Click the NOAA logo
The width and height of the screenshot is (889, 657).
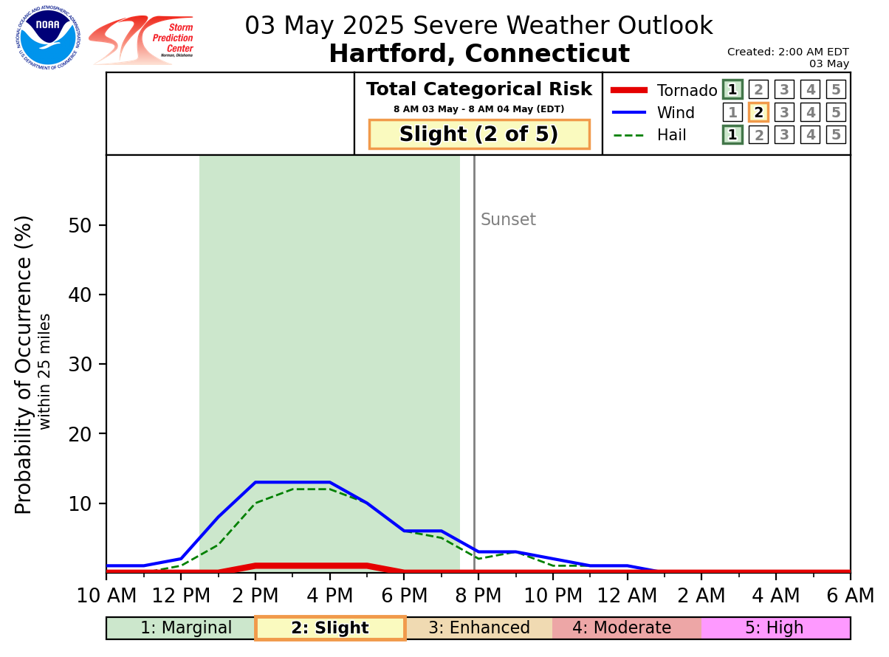(x=48, y=38)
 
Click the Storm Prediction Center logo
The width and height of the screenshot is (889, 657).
(x=142, y=40)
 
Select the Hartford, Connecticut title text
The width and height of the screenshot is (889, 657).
(x=478, y=54)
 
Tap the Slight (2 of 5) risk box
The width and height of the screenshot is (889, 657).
(x=479, y=134)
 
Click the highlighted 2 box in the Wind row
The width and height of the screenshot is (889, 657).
(x=758, y=112)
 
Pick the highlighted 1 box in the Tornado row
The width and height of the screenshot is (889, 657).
(x=732, y=90)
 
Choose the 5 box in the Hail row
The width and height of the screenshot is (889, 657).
(x=836, y=135)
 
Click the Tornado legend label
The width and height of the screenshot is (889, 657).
(x=687, y=91)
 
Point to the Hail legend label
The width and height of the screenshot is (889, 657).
(x=671, y=135)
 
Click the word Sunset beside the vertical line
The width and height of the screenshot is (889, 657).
(x=508, y=220)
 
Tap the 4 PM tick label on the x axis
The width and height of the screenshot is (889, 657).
(x=329, y=595)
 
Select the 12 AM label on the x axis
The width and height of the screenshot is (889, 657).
(x=627, y=595)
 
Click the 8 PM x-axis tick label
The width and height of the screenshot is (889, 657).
(x=478, y=595)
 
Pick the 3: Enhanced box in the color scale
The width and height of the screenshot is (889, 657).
(x=478, y=628)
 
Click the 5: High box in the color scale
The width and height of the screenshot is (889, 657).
(x=775, y=628)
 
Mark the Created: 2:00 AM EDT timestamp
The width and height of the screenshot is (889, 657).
(x=788, y=52)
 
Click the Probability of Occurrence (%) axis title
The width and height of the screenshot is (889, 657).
(x=24, y=365)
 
